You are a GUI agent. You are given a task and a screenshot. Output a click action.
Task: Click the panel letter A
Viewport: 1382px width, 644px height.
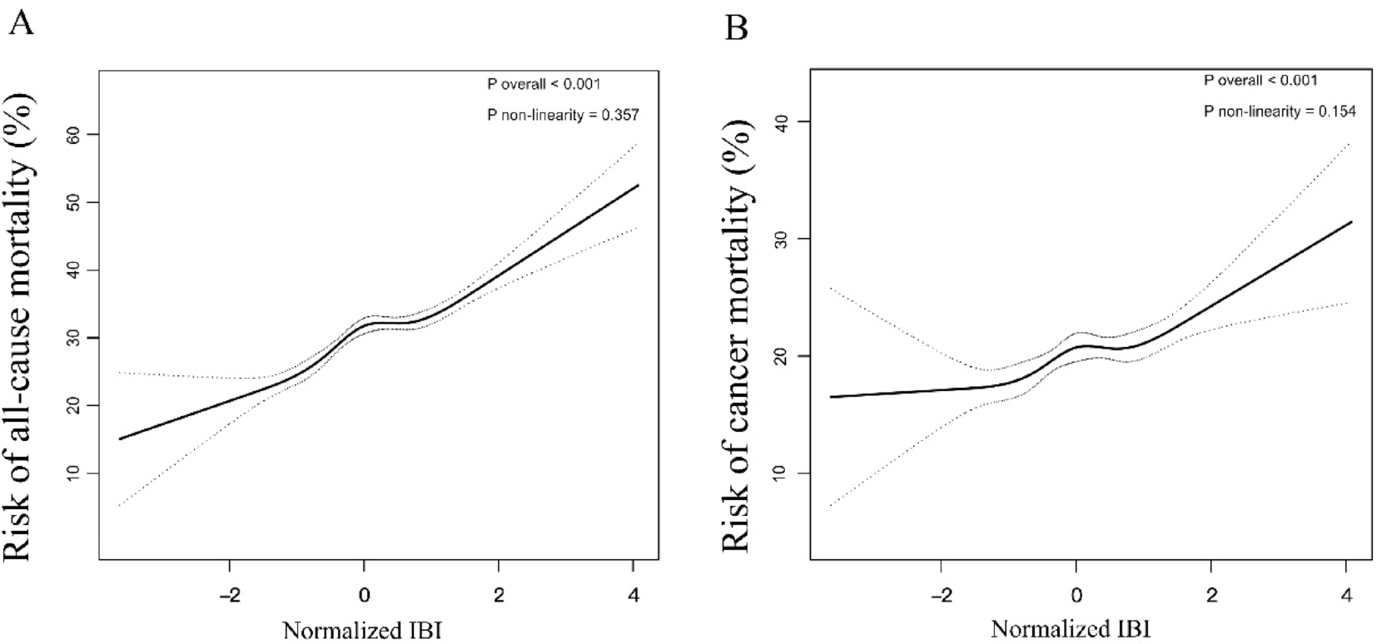pos(21,22)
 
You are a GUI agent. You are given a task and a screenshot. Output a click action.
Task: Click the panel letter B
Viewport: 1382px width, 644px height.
pos(736,27)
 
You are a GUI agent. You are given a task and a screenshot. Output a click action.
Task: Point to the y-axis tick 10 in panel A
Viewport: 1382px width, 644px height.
pos(74,473)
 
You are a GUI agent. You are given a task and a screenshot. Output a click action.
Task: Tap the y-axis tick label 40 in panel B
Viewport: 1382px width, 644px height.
pos(782,121)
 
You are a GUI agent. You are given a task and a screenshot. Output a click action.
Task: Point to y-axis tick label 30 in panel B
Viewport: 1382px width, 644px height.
pos(782,239)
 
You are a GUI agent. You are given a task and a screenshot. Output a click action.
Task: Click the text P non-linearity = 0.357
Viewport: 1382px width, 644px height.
pos(563,115)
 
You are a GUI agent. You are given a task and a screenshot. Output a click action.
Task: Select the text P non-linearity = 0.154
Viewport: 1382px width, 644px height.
pos(1280,111)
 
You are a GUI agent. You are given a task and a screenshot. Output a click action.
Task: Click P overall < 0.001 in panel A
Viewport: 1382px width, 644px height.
pos(543,84)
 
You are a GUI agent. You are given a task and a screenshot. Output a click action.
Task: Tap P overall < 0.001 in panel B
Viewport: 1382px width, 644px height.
pos(1260,81)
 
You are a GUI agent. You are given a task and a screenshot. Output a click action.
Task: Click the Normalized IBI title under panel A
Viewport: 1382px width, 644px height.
pos(362,630)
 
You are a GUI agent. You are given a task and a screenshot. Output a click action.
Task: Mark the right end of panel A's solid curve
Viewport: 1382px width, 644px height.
pos(639,185)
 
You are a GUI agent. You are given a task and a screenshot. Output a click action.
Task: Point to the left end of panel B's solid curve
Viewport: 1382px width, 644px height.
pos(831,397)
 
